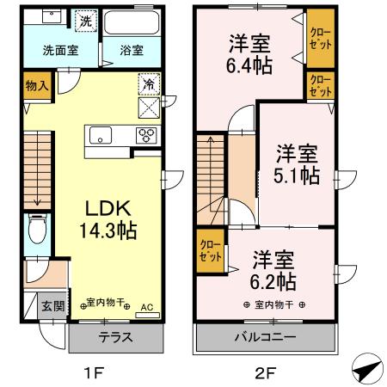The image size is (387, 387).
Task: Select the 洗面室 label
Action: (60, 50)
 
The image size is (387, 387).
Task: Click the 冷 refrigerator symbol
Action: (148, 86)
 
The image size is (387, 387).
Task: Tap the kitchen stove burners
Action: (146, 134)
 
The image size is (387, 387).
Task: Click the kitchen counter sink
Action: (98, 134)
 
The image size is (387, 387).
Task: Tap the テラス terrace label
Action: (115, 337)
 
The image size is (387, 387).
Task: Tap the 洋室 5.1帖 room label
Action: (297, 165)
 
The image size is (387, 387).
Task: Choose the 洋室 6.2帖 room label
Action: (274, 269)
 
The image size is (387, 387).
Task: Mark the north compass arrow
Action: (367, 367)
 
